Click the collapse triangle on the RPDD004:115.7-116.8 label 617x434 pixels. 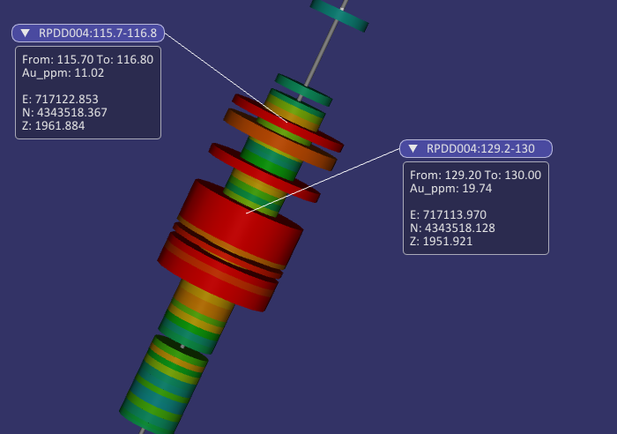[x=26, y=34]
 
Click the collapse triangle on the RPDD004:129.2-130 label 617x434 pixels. [x=413, y=148]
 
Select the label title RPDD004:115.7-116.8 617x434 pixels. [x=98, y=34]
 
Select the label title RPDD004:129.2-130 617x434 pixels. [x=480, y=148]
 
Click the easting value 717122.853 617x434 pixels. [x=66, y=99]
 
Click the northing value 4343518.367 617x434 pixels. [x=72, y=112]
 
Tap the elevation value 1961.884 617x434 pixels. [x=60, y=125]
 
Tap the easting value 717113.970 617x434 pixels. [x=455, y=214]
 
